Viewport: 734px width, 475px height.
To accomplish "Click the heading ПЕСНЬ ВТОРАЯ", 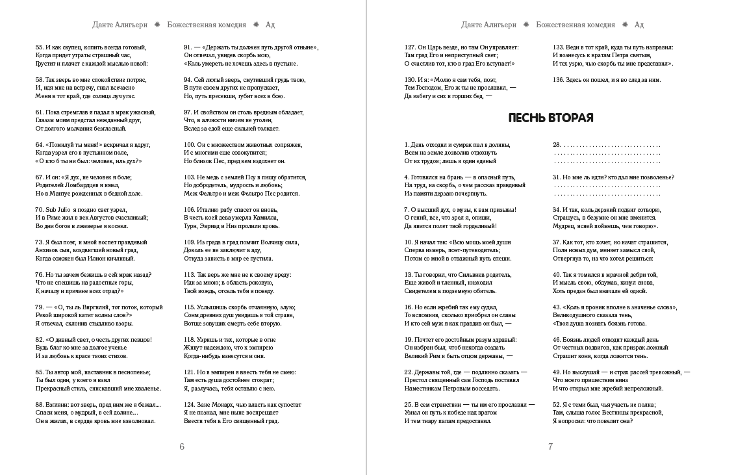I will pos(550,118).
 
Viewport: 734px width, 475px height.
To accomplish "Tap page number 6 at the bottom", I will pos(182,446).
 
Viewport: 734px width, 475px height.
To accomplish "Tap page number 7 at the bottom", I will pos(550,446).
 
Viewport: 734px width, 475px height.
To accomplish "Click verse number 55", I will pos(38,47).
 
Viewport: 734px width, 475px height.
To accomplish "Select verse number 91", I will pos(187,47).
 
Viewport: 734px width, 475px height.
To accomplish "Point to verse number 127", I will pos(409,47).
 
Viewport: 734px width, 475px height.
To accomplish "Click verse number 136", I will pos(558,80).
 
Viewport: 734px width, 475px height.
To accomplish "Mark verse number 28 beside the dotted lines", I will pos(557,145).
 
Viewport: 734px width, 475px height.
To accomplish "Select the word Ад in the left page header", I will pos(270,25).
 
